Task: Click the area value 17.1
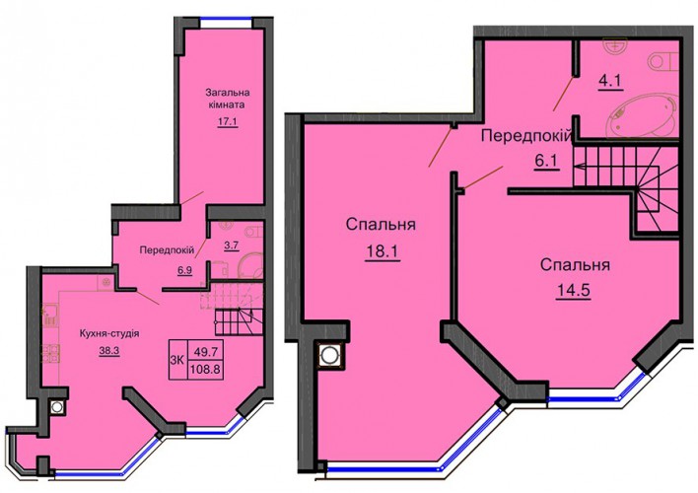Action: pos(228,121)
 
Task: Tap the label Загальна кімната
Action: pos(227,99)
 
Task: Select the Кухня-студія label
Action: pos(109,333)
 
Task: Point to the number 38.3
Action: pos(109,350)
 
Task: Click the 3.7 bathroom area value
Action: pos(232,245)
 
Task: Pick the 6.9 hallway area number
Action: pos(184,270)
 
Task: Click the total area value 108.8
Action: pos(207,369)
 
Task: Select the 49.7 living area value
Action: pos(206,352)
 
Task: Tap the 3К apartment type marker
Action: pos(177,360)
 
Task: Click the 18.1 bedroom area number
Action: pos(383,252)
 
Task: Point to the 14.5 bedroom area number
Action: pos(573,291)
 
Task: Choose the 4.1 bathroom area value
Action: pos(610,81)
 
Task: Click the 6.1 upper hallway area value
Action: pos(546,161)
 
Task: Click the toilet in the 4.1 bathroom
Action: pos(663,62)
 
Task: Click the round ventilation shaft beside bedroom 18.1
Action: pos(330,355)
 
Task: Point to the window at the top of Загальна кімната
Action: pos(226,19)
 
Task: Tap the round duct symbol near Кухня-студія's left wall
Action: pos(56,407)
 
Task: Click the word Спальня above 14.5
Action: pos(575,265)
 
